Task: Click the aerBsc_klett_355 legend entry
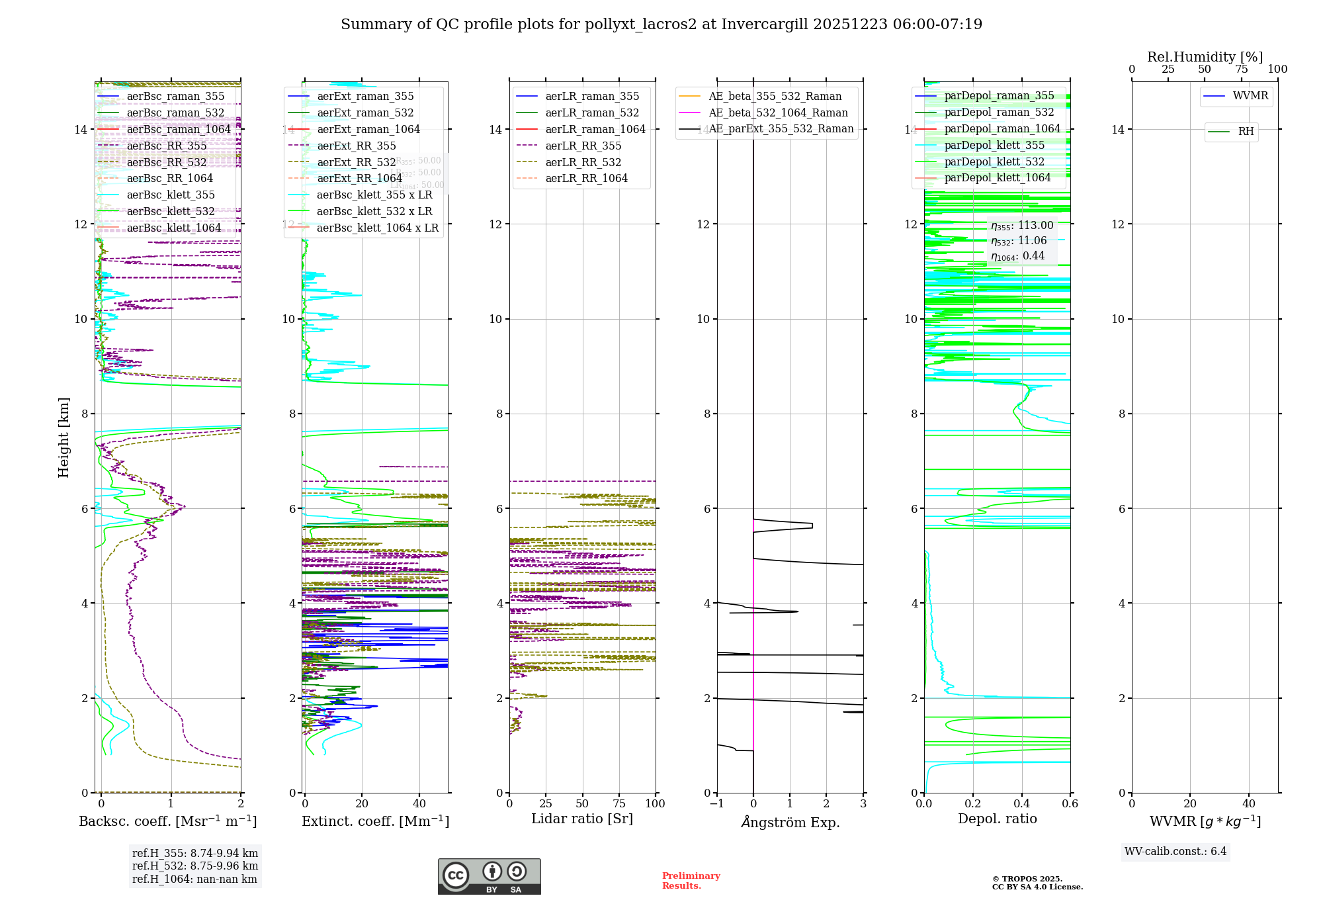pyautogui.click(x=171, y=195)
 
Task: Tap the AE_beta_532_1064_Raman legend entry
pyautogui.click(x=778, y=113)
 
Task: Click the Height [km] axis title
pyautogui.click(x=64, y=437)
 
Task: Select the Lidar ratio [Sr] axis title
pyautogui.click(x=582, y=819)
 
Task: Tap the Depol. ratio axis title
pyautogui.click(x=997, y=819)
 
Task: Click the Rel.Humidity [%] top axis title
pyautogui.click(x=1205, y=57)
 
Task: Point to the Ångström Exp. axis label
pyautogui.click(x=790, y=823)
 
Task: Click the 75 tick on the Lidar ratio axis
pyautogui.click(x=619, y=804)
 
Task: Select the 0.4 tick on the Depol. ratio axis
pyautogui.click(x=1021, y=804)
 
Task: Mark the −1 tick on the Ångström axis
pyautogui.click(x=716, y=804)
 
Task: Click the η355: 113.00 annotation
pyautogui.click(x=1021, y=226)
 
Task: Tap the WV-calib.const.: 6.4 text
pyautogui.click(x=1175, y=852)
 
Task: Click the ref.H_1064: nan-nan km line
pyautogui.click(x=194, y=879)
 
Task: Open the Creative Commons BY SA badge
pyautogui.click(x=489, y=877)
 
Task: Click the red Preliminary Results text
pyautogui.click(x=691, y=881)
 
